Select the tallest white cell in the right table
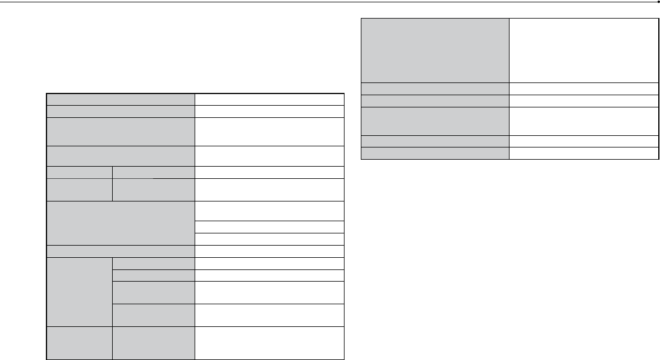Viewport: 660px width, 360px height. [x=584, y=51]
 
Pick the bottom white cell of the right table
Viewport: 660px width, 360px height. [x=584, y=153]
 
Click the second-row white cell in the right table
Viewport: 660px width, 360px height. [x=584, y=88]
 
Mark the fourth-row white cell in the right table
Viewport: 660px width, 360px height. [x=584, y=121]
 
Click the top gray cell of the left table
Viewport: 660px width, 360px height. [x=120, y=99]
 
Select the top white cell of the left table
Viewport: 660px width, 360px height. [x=270, y=99]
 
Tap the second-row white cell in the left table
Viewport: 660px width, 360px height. [x=270, y=110]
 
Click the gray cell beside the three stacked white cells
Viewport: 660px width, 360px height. [x=120, y=223]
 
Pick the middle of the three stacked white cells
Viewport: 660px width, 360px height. [x=270, y=227]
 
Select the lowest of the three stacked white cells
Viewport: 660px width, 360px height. [x=270, y=239]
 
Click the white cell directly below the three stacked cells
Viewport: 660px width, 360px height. [x=270, y=251]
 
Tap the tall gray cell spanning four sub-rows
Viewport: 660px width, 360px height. [x=79, y=291]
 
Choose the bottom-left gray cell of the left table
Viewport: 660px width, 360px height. [x=79, y=343]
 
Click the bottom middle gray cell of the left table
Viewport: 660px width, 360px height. [x=153, y=343]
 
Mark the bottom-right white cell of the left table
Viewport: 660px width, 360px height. [x=270, y=343]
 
